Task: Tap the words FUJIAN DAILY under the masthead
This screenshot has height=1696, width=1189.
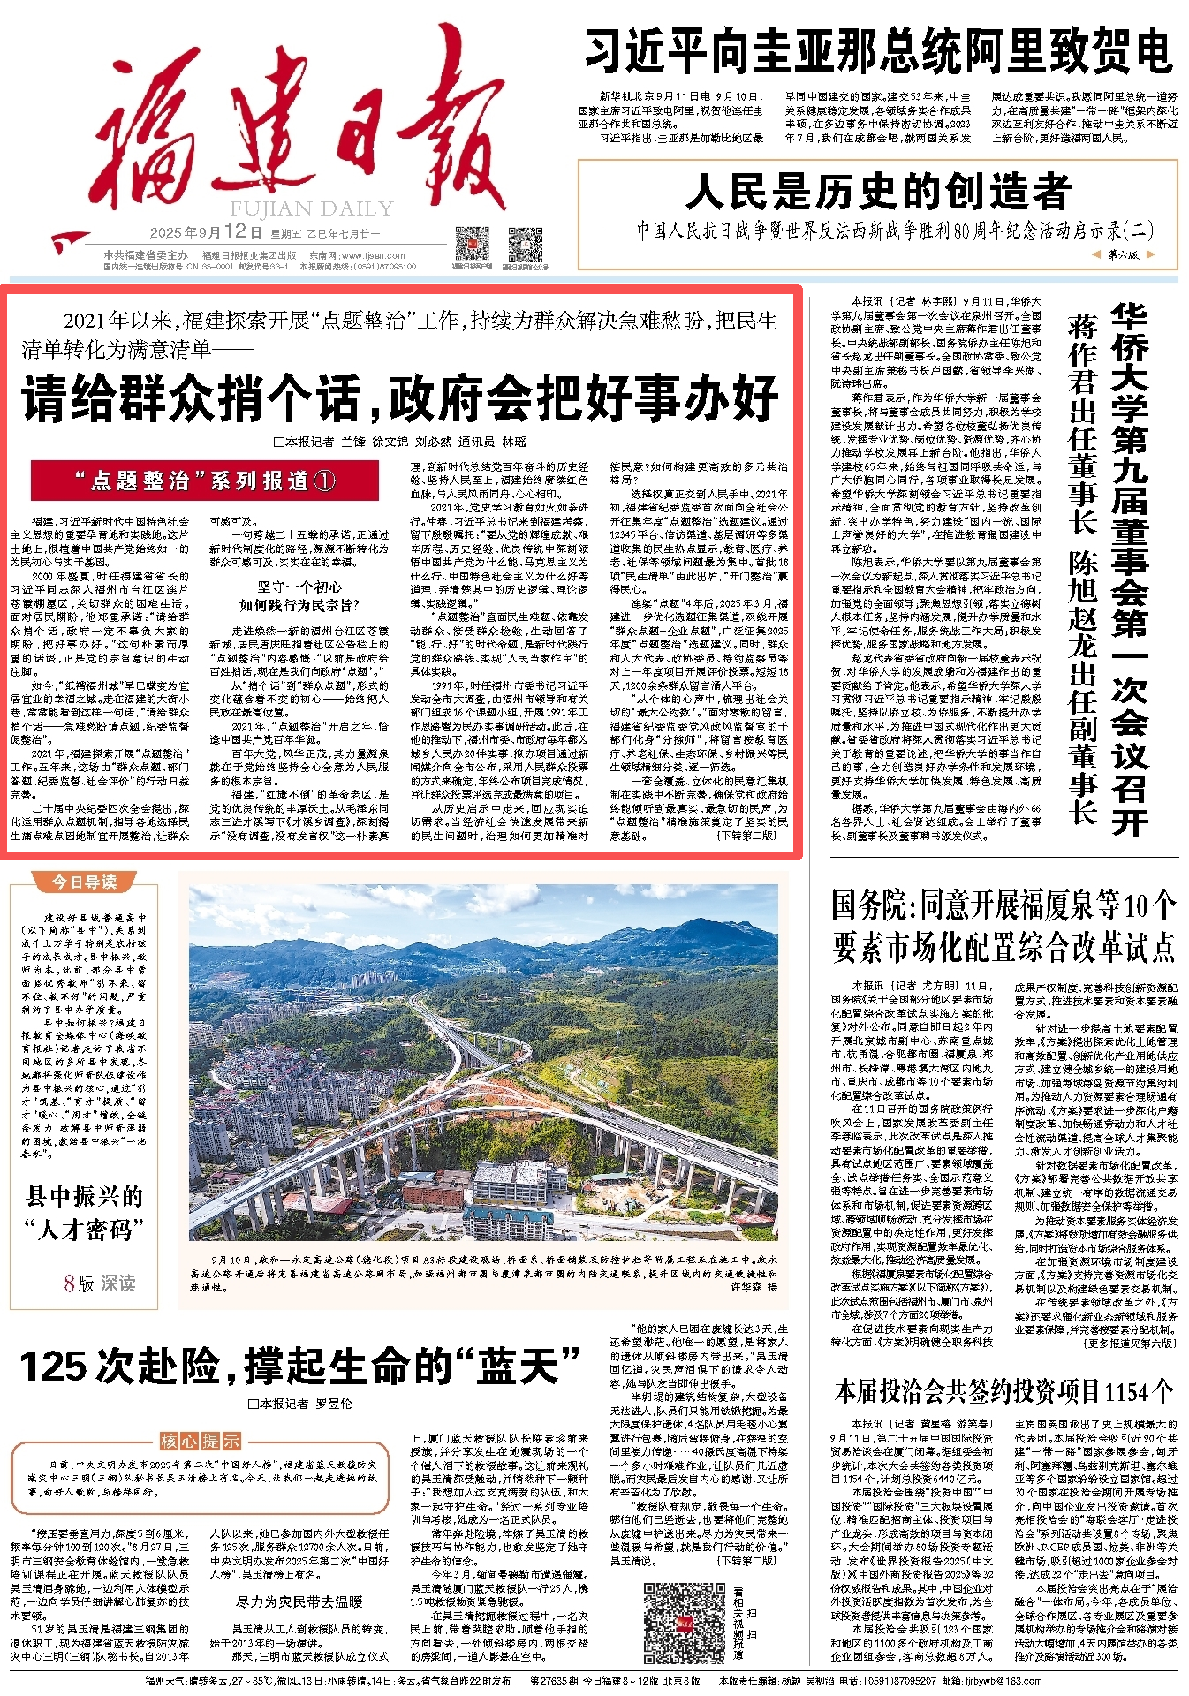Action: (x=311, y=209)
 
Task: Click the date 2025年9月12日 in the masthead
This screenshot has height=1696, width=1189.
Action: (x=206, y=232)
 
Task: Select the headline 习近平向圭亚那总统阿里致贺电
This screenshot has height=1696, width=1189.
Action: (x=878, y=52)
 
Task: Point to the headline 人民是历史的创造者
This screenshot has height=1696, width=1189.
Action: (x=878, y=192)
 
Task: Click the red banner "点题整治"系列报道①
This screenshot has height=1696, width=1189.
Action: (x=205, y=481)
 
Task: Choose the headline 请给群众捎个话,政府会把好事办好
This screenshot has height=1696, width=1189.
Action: (x=400, y=398)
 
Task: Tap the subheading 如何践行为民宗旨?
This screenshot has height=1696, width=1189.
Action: (x=299, y=605)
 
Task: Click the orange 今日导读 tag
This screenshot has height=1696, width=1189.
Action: (x=84, y=882)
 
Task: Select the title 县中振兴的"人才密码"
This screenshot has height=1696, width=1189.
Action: (x=85, y=1213)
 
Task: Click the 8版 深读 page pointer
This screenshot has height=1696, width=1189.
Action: (x=99, y=1283)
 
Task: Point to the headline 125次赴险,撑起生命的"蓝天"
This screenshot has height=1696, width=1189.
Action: (x=300, y=1367)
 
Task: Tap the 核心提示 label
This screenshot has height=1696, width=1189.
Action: (x=200, y=1441)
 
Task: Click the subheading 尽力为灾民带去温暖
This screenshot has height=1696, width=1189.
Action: (x=299, y=1601)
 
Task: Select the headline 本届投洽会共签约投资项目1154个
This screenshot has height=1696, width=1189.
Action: (x=1004, y=1391)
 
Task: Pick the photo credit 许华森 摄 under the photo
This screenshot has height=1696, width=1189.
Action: (x=754, y=1287)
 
